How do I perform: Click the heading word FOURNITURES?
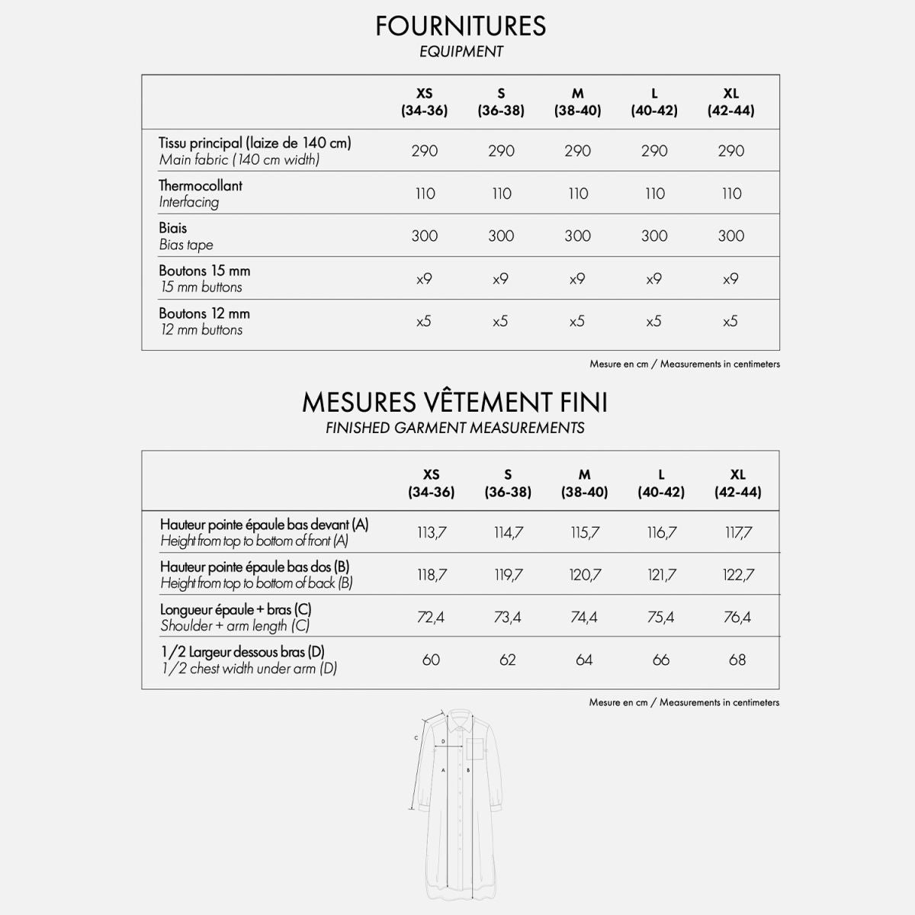tap(461, 26)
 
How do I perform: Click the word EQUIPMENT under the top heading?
tap(461, 52)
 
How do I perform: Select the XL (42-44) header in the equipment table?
tap(730, 101)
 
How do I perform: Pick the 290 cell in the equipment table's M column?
tap(577, 151)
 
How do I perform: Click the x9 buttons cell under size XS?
tap(424, 279)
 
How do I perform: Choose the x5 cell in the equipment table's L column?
tap(653, 322)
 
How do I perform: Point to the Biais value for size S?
tap(501, 236)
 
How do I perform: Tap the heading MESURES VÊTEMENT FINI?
tap(454, 402)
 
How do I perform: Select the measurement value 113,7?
tap(432, 533)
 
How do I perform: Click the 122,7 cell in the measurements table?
tap(737, 575)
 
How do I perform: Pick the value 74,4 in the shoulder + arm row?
tap(584, 617)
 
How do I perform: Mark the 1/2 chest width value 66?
tap(660, 660)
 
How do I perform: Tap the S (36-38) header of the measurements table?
tap(508, 483)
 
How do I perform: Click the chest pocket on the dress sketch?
tap(476, 749)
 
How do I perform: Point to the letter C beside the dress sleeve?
tap(416, 737)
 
